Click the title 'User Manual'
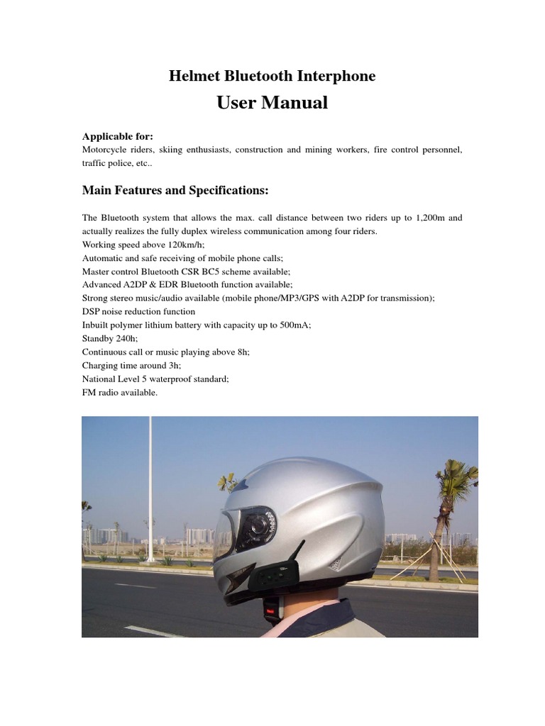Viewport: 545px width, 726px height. click(x=272, y=103)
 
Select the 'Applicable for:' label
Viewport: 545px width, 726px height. click(x=118, y=136)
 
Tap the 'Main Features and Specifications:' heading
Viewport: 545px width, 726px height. click(x=175, y=190)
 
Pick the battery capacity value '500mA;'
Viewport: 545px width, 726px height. click(x=294, y=325)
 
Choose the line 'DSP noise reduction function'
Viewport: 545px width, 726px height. click(x=138, y=311)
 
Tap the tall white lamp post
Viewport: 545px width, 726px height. click(x=150, y=489)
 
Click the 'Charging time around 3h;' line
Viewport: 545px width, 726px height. click(x=131, y=365)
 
